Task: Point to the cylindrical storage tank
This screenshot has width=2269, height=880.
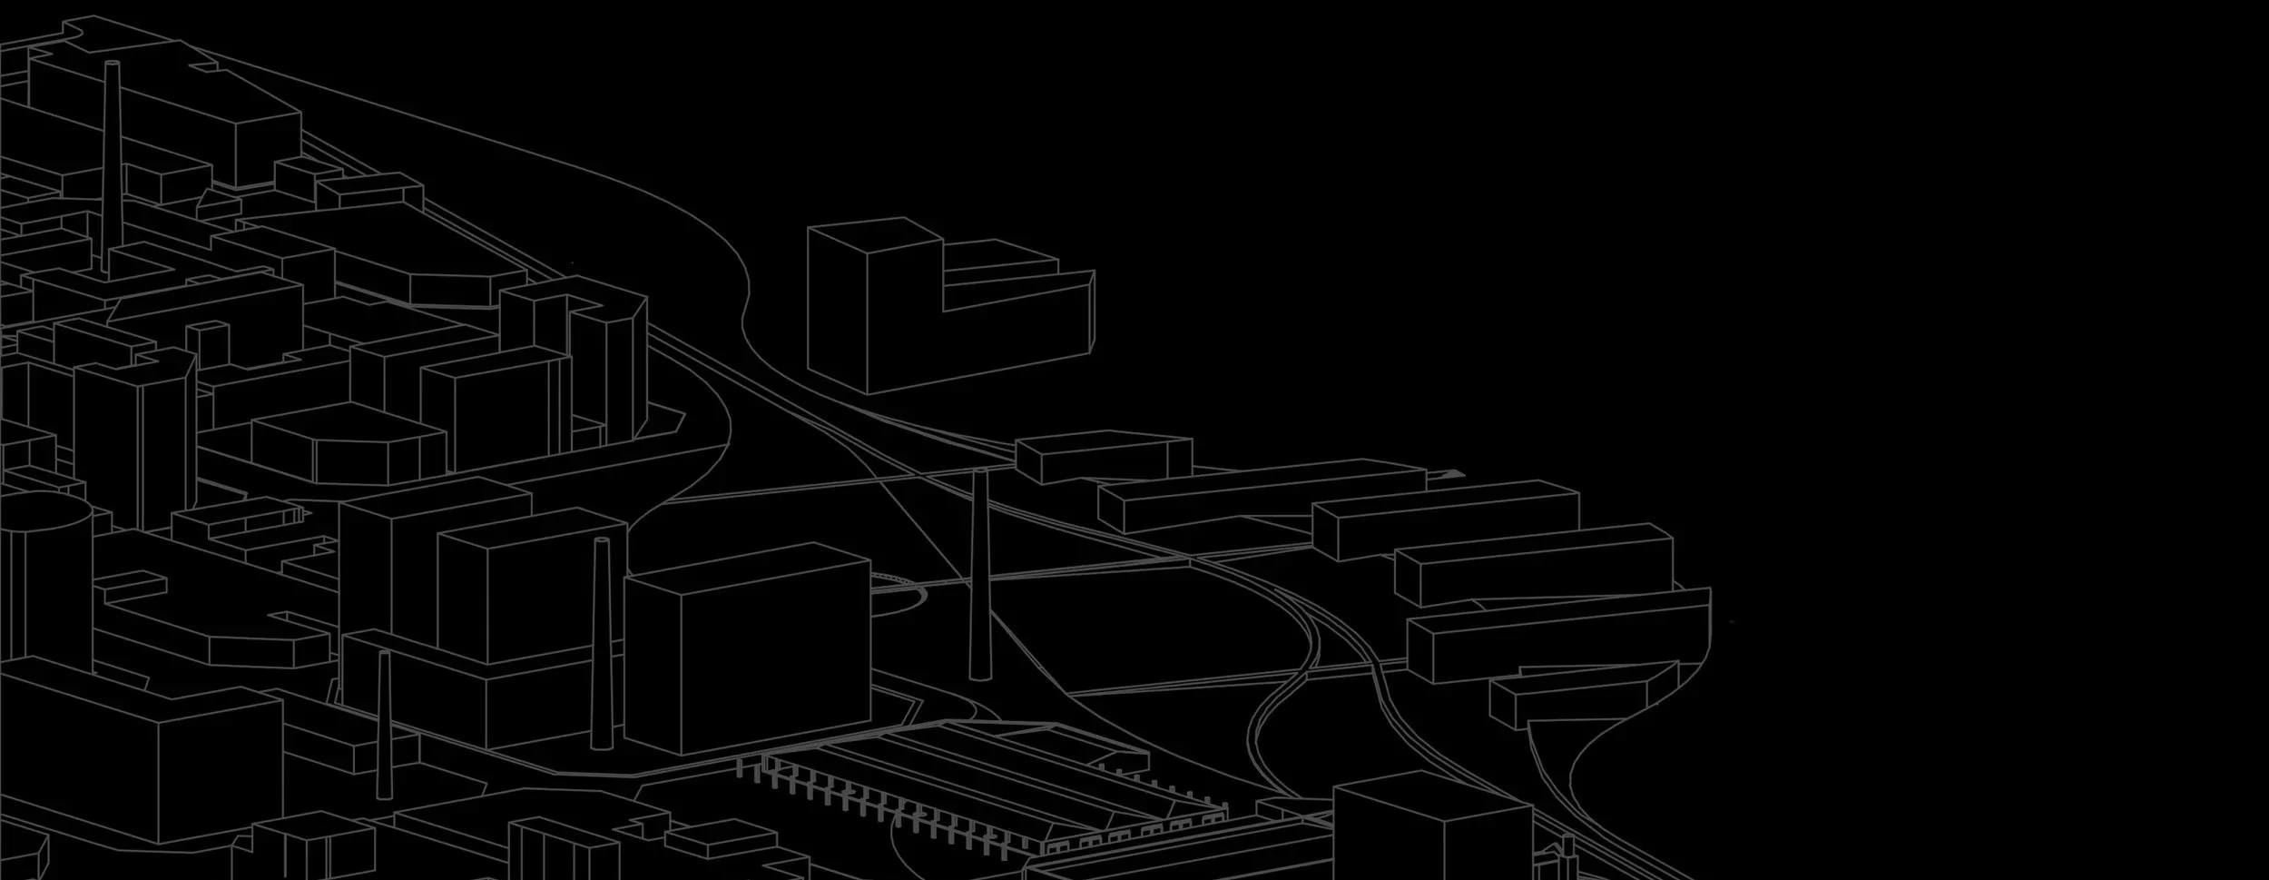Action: pos(45,581)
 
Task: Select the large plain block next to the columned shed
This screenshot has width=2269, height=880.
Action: pos(749,649)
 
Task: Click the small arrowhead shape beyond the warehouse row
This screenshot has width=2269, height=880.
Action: pos(1450,473)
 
